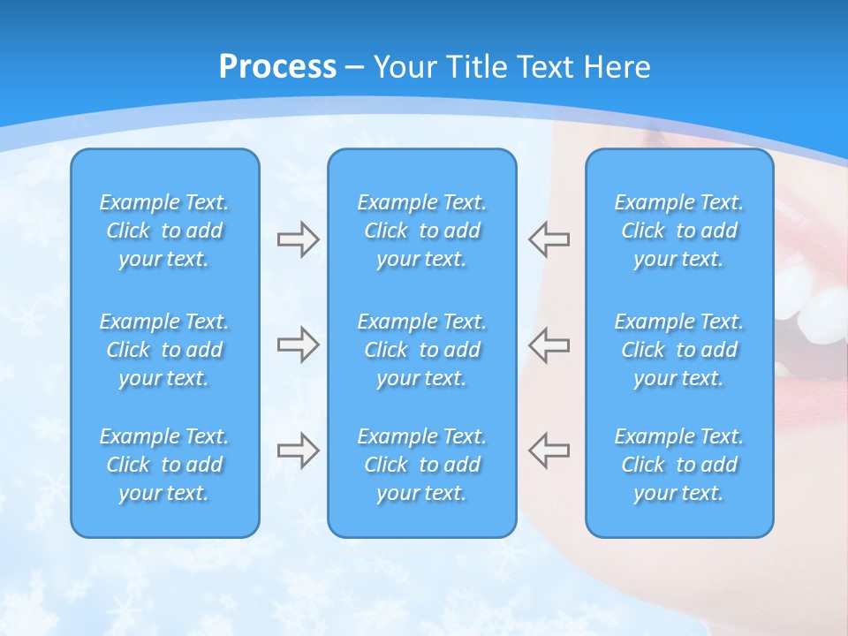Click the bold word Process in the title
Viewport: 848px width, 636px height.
point(277,67)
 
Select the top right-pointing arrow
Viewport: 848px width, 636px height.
point(298,239)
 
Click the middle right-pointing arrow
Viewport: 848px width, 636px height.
point(298,344)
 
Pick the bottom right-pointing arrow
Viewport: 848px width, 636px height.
point(298,450)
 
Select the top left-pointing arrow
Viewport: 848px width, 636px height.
point(549,239)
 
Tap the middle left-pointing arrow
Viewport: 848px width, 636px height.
point(549,344)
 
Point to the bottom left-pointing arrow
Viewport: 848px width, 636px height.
point(549,450)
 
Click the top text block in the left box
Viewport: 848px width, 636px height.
point(164,231)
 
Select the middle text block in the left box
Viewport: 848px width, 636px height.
point(164,350)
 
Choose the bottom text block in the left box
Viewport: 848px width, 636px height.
point(164,465)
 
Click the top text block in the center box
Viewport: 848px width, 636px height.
point(421,231)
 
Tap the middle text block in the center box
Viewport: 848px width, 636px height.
point(421,350)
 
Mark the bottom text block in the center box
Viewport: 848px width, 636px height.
point(421,465)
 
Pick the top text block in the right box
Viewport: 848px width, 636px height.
point(678,231)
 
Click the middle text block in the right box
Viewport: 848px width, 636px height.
point(678,350)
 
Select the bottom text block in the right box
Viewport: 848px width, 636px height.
point(678,465)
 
